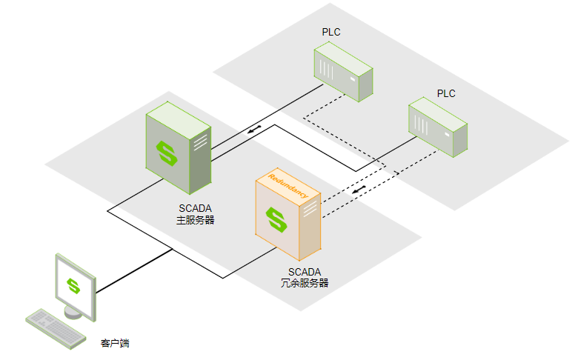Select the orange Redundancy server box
click(287, 215)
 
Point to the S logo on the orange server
click(277, 219)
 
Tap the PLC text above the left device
click(331, 32)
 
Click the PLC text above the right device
click(446, 93)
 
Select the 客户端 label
click(117, 344)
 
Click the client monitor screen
click(74, 285)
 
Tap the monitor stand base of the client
click(73, 313)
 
